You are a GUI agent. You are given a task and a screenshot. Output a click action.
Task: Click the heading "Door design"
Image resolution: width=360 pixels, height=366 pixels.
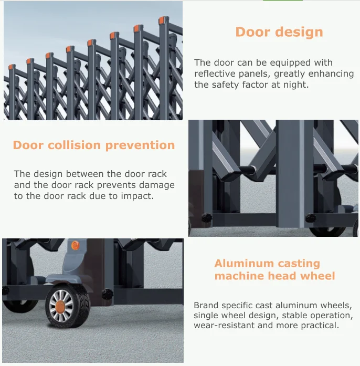tap(279, 32)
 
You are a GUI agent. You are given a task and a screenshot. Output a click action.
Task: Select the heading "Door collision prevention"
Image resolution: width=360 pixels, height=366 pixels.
tap(94, 145)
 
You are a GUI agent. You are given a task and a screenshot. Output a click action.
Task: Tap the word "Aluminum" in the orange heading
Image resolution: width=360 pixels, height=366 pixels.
tap(244, 264)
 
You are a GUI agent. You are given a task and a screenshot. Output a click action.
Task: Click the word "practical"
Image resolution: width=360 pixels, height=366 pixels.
tap(319, 326)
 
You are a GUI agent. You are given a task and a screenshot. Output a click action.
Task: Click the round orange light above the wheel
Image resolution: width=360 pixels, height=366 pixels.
tap(75, 245)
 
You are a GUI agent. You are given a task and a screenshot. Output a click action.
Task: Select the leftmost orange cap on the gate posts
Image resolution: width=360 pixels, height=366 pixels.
tap(12, 68)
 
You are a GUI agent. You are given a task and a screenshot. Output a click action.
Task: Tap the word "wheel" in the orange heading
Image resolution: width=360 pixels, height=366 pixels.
tap(319, 276)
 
